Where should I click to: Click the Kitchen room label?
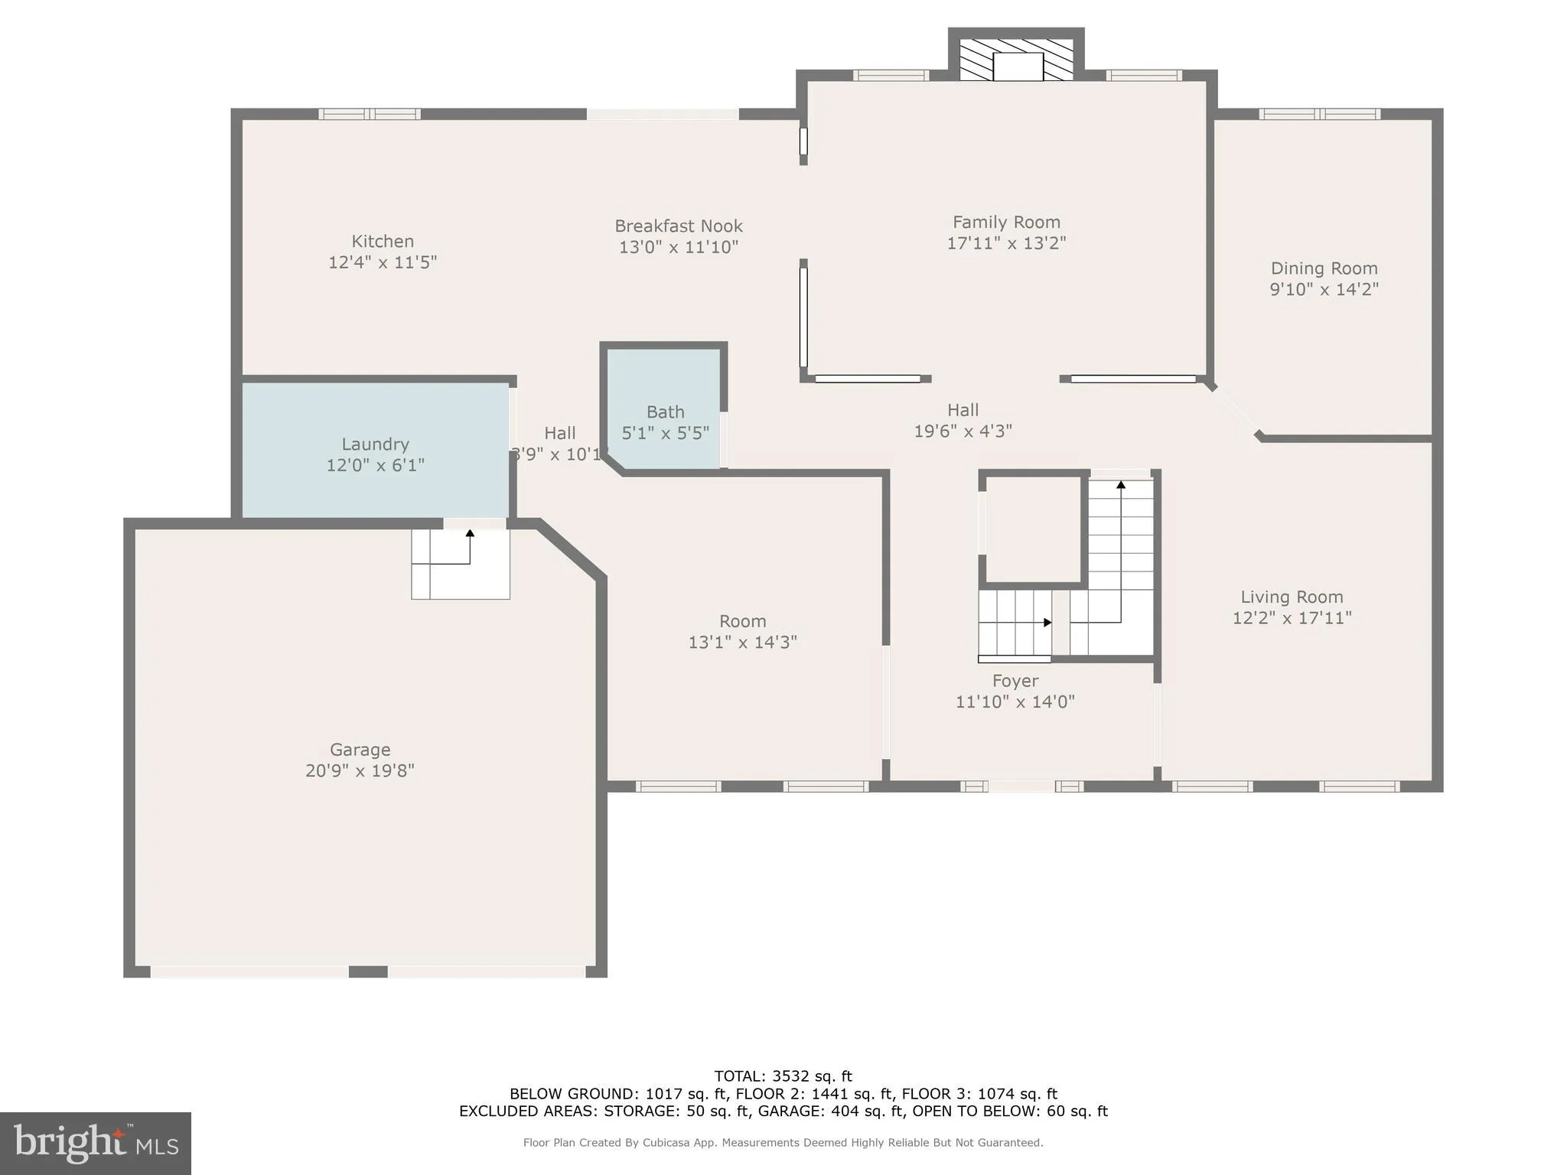point(383,242)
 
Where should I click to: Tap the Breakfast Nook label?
point(679,226)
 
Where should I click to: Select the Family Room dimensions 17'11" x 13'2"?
point(1006,243)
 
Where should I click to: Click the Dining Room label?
point(1324,269)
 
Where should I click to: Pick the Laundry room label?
point(375,444)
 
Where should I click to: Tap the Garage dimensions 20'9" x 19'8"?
point(360,770)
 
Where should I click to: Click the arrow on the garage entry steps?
point(470,534)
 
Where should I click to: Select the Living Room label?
point(1292,597)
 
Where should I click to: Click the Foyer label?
point(1015,681)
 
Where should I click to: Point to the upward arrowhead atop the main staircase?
point(1121,484)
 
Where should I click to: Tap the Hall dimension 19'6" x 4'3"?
point(963,431)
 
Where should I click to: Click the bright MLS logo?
point(96,1143)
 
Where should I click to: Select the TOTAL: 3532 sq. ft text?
point(783,1076)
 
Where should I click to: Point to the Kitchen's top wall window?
point(370,114)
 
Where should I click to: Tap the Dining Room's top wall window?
point(1319,114)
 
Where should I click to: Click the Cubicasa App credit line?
point(783,1143)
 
